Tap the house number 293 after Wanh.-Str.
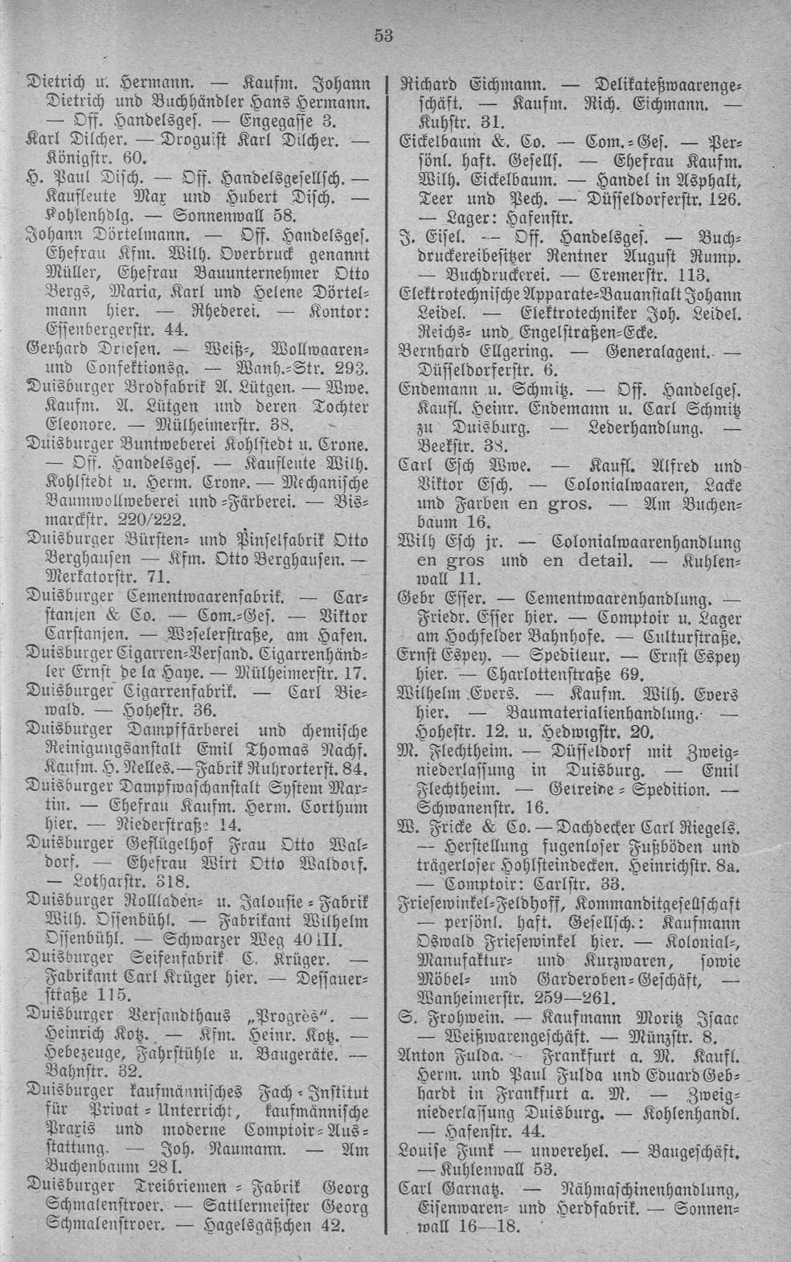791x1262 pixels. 351,370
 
